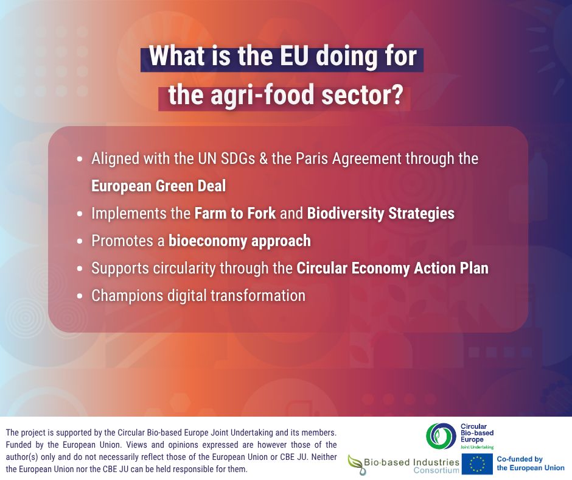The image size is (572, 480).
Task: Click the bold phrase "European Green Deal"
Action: pyautogui.click(x=158, y=186)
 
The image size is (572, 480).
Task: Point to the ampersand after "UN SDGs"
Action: pyautogui.click(x=263, y=159)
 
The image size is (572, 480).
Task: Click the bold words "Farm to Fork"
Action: pyautogui.click(x=235, y=213)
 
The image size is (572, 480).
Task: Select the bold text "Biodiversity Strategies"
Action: pyautogui.click(x=380, y=214)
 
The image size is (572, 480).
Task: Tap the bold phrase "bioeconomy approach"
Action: pyautogui.click(x=239, y=241)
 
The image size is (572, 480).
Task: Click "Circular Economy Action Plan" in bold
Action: pyautogui.click(x=392, y=269)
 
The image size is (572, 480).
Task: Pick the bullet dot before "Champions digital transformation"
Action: pyautogui.click(x=80, y=297)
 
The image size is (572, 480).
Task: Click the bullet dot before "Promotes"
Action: pyautogui.click(x=80, y=242)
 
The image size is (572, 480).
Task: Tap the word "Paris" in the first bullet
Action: pyautogui.click(x=309, y=159)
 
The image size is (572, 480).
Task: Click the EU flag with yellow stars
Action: pyautogui.click(x=477, y=464)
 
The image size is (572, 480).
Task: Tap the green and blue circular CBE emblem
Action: pyautogui.click(x=441, y=437)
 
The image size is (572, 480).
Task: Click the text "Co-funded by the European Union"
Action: pyautogui.click(x=531, y=464)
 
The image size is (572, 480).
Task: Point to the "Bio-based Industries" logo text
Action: pyautogui.click(x=411, y=462)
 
